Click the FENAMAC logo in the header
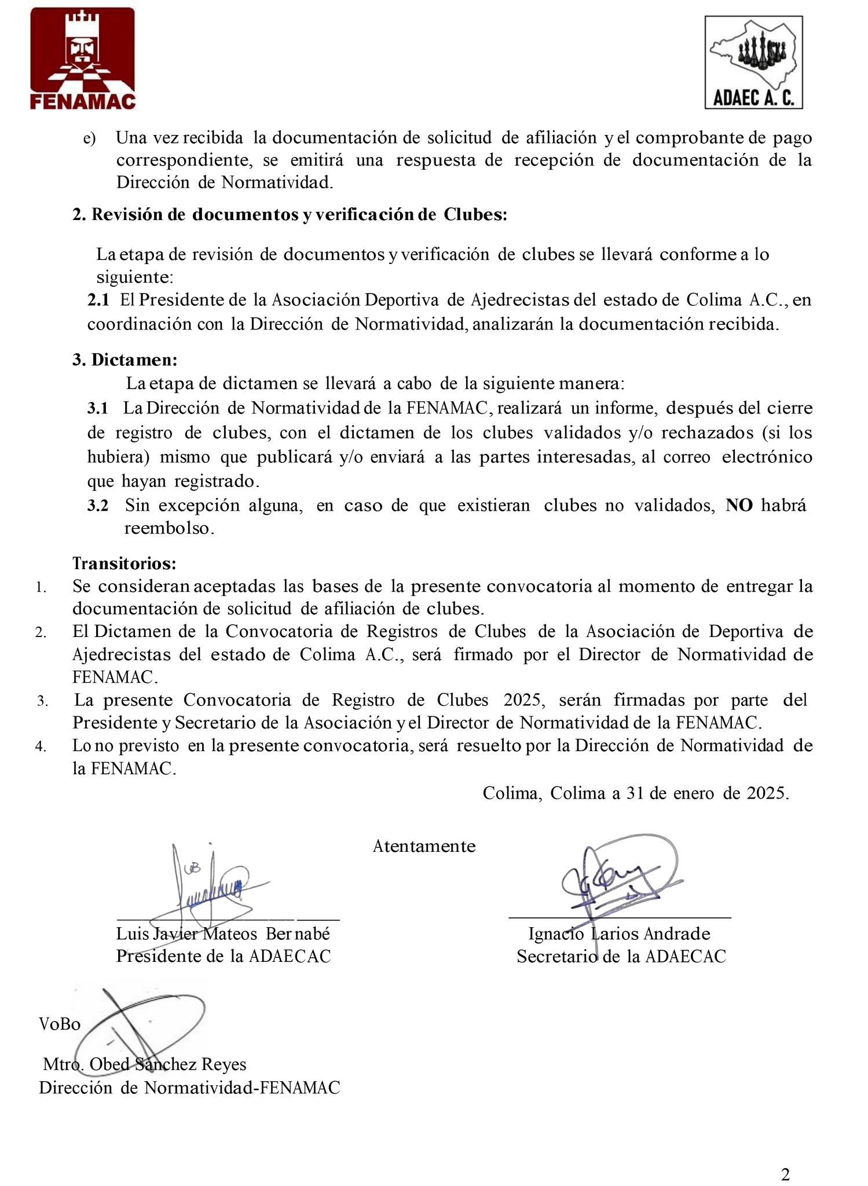pyautogui.click(x=83, y=59)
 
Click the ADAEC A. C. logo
pyautogui.click(x=753, y=63)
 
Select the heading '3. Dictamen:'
pyautogui.click(x=124, y=360)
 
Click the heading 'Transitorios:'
pyautogui.click(x=124, y=563)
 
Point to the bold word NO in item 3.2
pyautogui.click(x=739, y=505)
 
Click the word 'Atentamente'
pyautogui.click(x=424, y=846)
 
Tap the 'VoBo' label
pyautogui.click(x=60, y=1024)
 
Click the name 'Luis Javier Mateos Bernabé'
pyautogui.click(x=223, y=934)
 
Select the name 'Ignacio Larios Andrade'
pyautogui.click(x=619, y=934)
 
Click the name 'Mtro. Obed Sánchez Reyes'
pyautogui.click(x=145, y=1064)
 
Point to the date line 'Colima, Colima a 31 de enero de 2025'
pyautogui.click(x=636, y=793)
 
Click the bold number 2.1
pyautogui.click(x=98, y=300)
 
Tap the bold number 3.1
pyautogui.click(x=98, y=408)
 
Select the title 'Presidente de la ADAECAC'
pyautogui.click(x=224, y=956)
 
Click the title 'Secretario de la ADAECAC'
pyautogui.click(x=621, y=956)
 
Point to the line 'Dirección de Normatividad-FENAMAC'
pyautogui.click(x=189, y=1088)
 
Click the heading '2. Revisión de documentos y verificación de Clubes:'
pyautogui.click(x=290, y=214)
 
